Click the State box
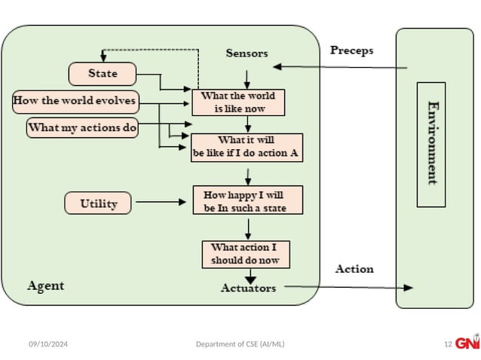[x=103, y=74]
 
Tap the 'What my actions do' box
[x=83, y=127]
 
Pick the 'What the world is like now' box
[x=239, y=102]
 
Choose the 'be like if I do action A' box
[x=247, y=148]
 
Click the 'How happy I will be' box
[x=247, y=201]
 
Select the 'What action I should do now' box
[x=246, y=254]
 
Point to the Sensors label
[x=247, y=53]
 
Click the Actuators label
[x=248, y=288]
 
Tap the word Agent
[x=46, y=285]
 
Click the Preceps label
[x=351, y=50]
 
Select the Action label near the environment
[x=354, y=269]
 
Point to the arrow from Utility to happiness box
[x=160, y=202]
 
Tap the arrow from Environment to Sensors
[x=339, y=67]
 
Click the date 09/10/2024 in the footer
[x=48, y=344]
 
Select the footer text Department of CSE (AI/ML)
[x=240, y=344]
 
